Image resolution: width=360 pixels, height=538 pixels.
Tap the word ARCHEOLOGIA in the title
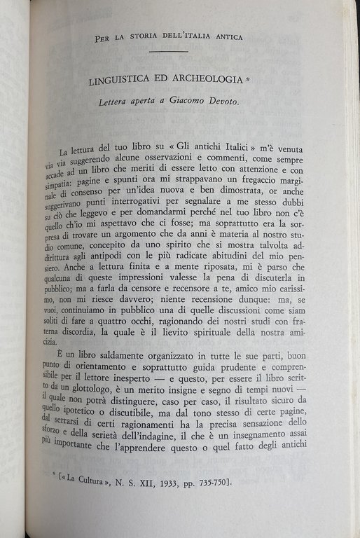[x=205, y=81]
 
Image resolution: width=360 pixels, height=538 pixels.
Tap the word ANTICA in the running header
[x=228, y=37]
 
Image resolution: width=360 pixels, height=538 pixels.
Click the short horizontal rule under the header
[x=168, y=51]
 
